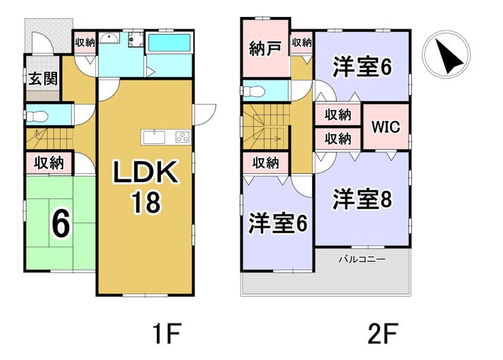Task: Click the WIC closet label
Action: (x=385, y=127)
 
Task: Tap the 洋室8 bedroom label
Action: (x=360, y=199)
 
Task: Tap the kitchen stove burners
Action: (x=183, y=137)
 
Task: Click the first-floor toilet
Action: (x=37, y=115)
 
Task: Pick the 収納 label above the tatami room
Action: (x=49, y=163)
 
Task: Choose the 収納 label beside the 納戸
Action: (x=301, y=43)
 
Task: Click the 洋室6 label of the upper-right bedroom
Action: (x=362, y=68)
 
